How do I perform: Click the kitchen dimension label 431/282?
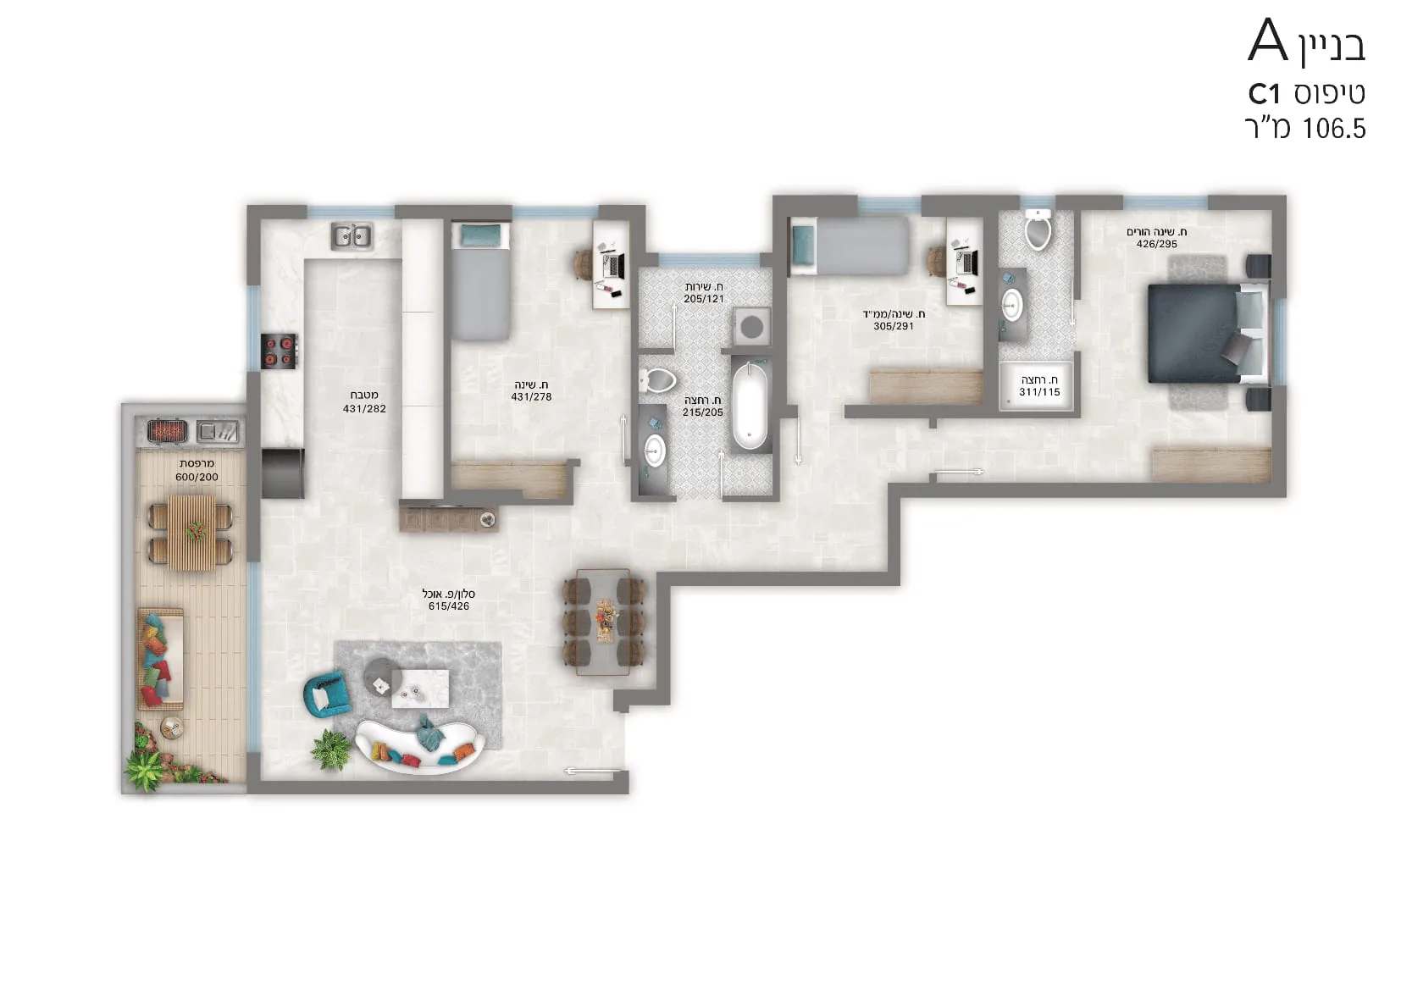pyautogui.click(x=364, y=409)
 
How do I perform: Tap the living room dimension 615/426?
pyautogui.click(x=448, y=606)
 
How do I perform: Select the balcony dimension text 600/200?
pyautogui.click(x=197, y=477)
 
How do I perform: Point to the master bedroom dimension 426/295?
pyautogui.click(x=1156, y=244)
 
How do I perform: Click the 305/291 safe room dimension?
pyautogui.click(x=894, y=326)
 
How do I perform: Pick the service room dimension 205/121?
pyautogui.click(x=704, y=299)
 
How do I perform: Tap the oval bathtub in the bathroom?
pyautogui.click(x=750, y=406)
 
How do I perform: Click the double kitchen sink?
pyautogui.click(x=352, y=236)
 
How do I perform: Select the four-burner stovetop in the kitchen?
pyautogui.click(x=279, y=351)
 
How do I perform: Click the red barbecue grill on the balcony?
pyautogui.click(x=167, y=431)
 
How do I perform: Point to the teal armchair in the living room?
pyautogui.click(x=326, y=694)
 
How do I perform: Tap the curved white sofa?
pyautogui.click(x=419, y=748)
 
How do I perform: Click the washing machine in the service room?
pyautogui.click(x=751, y=326)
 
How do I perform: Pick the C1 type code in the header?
pyautogui.click(x=1264, y=95)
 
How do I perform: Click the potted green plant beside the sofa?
pyautogui.click(x=331, y=749)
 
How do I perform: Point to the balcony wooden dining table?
pyautogui.click(x=191, y=533)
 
